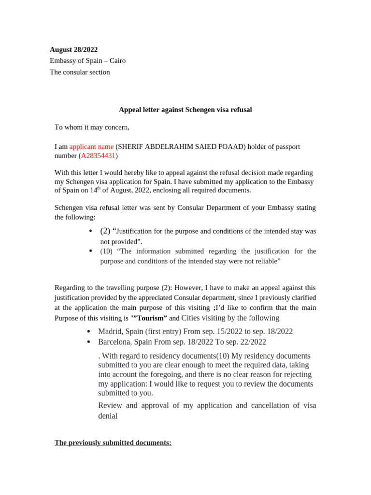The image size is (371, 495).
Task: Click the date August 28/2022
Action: (73, 50)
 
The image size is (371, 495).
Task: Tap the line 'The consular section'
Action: (80, 73)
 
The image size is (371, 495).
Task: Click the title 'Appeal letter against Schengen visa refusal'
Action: (185, 110)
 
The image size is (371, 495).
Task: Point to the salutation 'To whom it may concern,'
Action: (92, 128)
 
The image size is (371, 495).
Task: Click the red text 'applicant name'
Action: (91, 146)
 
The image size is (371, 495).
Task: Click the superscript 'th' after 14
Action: (99, 188)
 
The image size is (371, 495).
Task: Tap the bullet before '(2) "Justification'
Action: (91, 231)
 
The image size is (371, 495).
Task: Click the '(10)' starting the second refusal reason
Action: (107, 251)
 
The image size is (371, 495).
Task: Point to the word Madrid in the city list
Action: (110, 332)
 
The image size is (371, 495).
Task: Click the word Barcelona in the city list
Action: (115, 342)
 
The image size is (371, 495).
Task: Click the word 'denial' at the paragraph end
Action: (108, 416)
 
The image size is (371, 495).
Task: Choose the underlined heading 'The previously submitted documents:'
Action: (113, 443)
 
